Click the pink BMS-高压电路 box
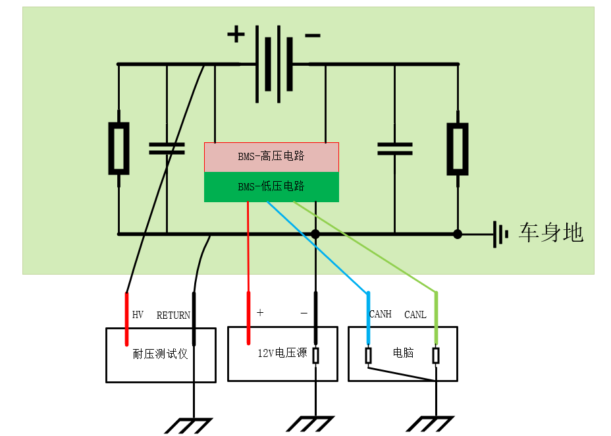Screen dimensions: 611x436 [x=272, y=157]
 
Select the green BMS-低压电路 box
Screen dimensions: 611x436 [x=272, y=186]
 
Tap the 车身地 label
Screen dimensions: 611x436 [x=550, y=233]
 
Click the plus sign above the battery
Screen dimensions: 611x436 [x=236, y=34]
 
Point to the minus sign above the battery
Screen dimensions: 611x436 [x=313, y=36]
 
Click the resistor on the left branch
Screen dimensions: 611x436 [x=119, y=148]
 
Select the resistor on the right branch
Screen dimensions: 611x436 [x=458, y=149]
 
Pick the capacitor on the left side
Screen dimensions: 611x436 [x=167, y=148]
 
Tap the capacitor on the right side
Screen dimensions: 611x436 [x=395, y=149]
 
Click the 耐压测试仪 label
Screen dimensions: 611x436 [x=160, y=354]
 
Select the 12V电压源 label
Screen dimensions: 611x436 [x=282, y=353]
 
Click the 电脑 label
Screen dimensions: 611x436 [x=403, y=352]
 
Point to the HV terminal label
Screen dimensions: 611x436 [x=138, y=315]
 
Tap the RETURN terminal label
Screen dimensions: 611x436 [x=173, y=315]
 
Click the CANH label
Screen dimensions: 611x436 [x=381, y=314]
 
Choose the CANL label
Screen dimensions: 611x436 [x=415, y=314]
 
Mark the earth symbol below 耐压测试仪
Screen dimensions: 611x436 [x=188, y=426]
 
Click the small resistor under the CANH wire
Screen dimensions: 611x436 [x=368, y=356]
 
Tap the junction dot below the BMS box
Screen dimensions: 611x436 [x=315, y=234]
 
